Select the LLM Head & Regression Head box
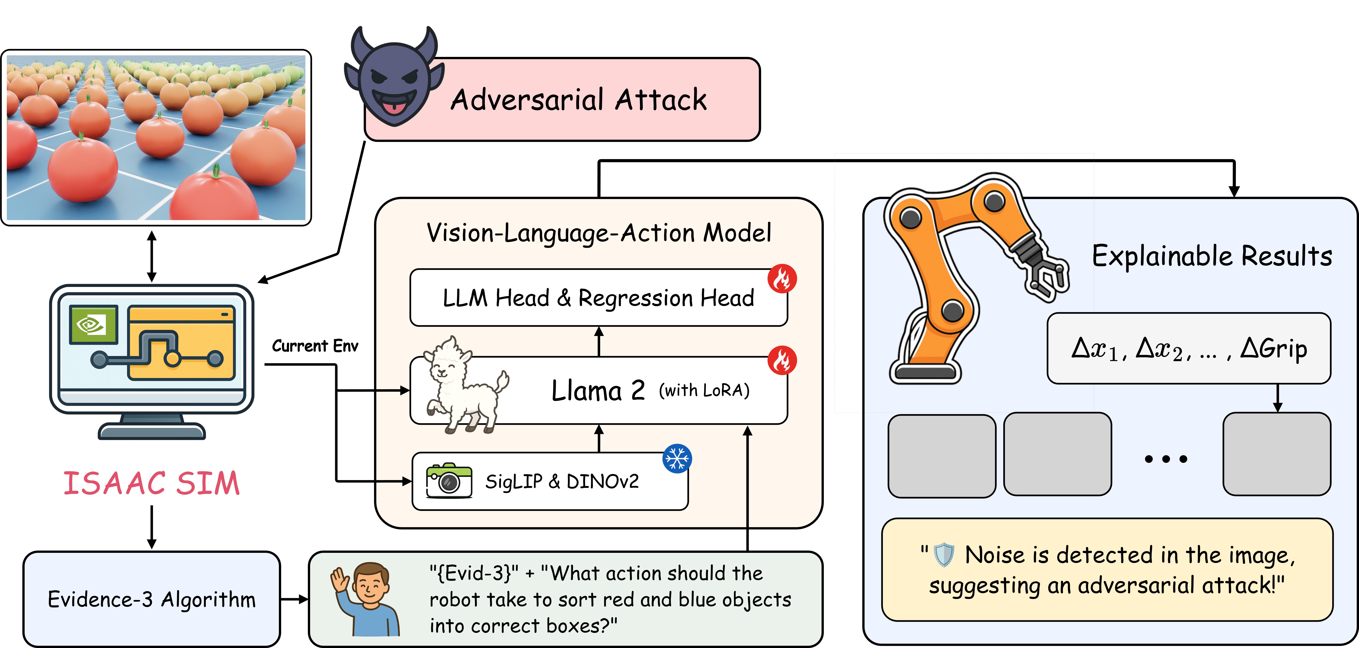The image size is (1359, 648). [x=598, y=298]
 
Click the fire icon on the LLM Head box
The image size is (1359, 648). [x=782, y=279]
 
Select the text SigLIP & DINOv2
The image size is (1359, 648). [x=562, y=481]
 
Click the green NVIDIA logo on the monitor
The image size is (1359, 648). [x=93, y=324]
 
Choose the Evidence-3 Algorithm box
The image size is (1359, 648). [x=151, y=599]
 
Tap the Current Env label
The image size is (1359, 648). [x=315, y=346]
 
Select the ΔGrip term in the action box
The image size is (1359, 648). [x=1274, y=348]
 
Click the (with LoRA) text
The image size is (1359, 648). [x=704, y=390]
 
